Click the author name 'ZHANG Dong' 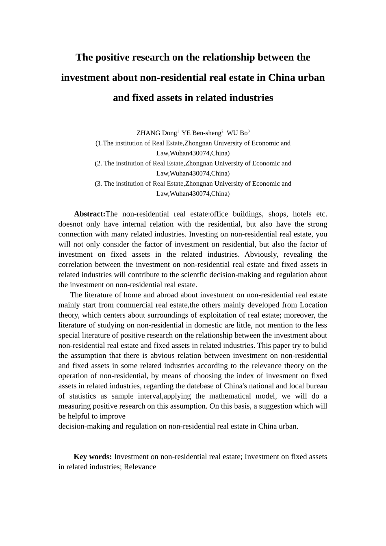(x=156, y=133)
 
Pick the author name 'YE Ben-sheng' (x=201, y=133)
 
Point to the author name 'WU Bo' (x=237, y=133)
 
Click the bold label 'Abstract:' (x=89, y=214)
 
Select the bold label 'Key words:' (x=93, y=457)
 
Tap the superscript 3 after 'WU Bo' (x=249, y=131)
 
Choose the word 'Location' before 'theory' (x=313, y=305)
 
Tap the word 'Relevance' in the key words (x=140, y=467)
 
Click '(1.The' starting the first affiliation (x=104, y=143)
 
